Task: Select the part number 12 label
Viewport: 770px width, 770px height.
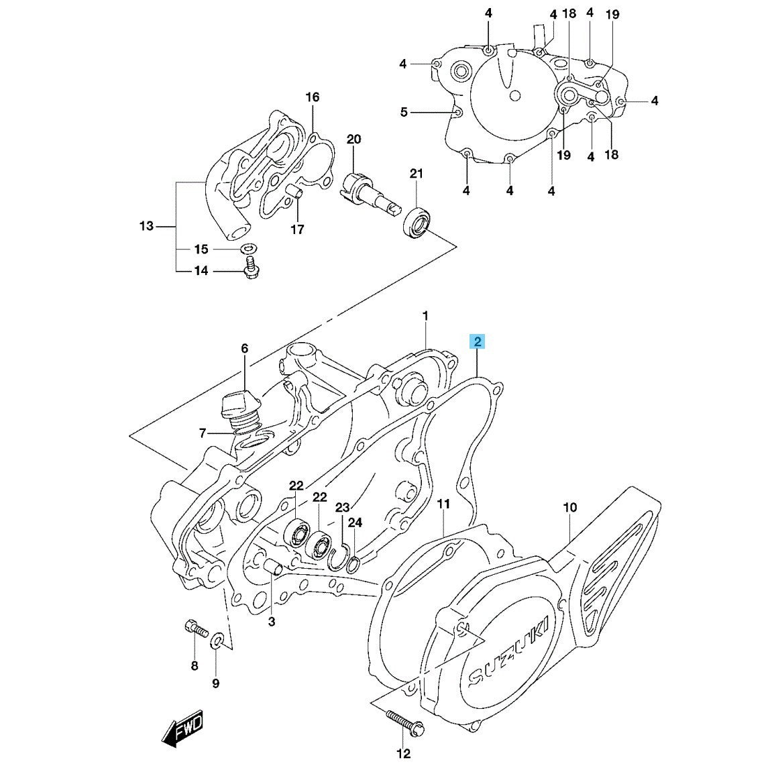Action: point(403,754)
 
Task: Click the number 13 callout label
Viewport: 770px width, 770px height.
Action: point(147,226)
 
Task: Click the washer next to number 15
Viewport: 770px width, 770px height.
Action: point(248,249)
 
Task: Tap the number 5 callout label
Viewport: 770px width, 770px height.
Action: point(404,112)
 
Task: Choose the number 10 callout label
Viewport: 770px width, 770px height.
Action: point(569,508)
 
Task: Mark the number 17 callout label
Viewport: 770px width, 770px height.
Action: point(297,229)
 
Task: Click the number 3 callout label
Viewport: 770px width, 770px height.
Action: point(271,622)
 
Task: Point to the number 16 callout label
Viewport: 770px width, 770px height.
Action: point(313,97)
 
